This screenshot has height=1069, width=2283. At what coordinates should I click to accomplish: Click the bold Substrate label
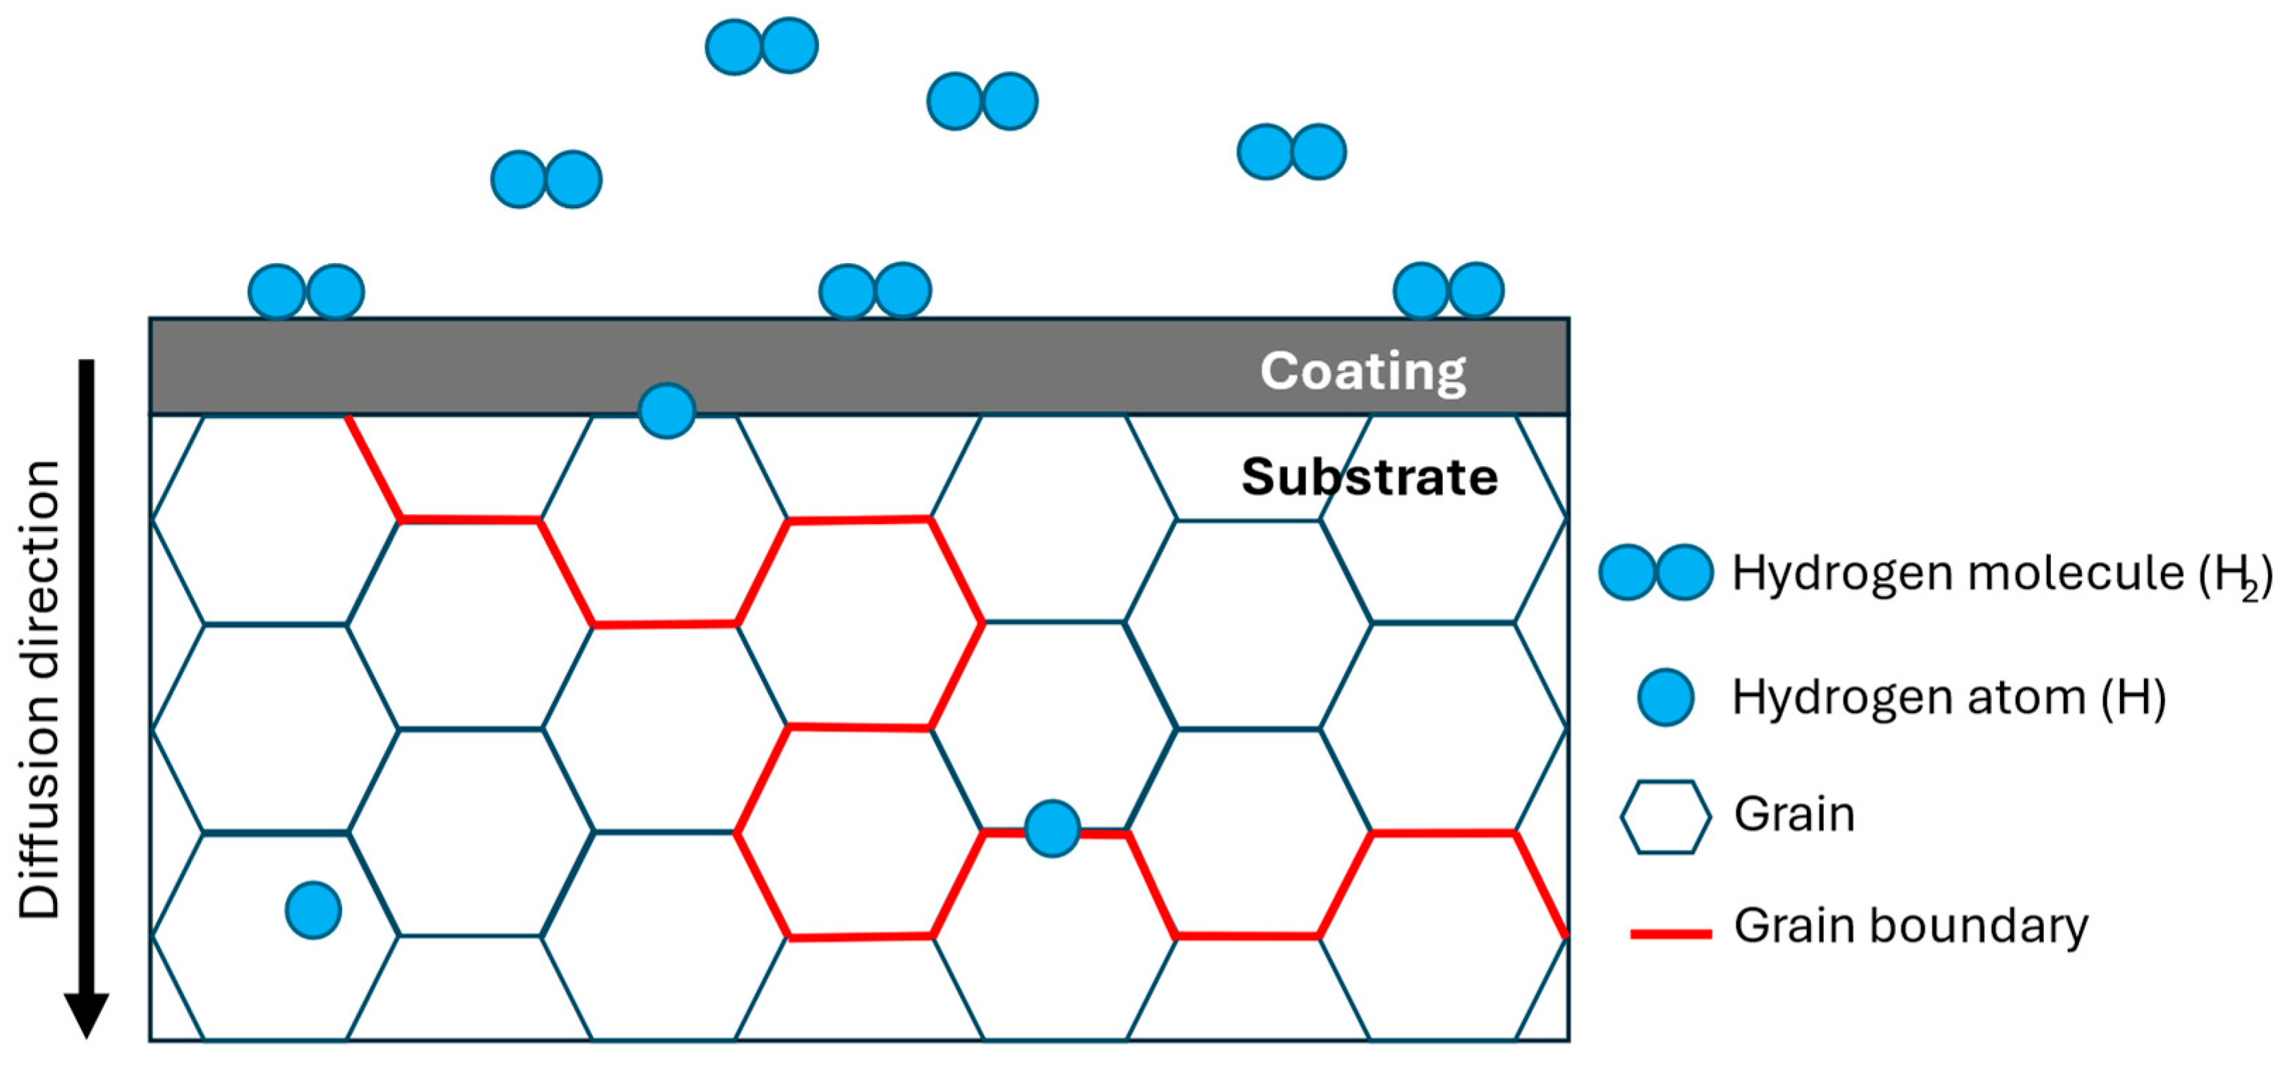[x=1369, y=477]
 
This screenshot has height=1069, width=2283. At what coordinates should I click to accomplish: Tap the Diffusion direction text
[x=40, y=689]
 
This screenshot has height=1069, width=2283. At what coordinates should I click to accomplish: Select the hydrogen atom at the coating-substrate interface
[x=666, y=410]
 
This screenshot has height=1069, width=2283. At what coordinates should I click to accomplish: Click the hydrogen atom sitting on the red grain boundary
[x=1052, y=829]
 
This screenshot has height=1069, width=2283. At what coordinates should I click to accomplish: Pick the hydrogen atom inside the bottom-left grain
[x=314, y=910]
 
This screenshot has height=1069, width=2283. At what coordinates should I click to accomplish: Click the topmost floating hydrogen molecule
[x=761, y=46]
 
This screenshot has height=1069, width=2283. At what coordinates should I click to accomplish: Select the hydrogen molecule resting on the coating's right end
[x=1448, y=290]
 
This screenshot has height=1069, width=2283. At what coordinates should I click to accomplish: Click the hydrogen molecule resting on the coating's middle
[x=875, y=291]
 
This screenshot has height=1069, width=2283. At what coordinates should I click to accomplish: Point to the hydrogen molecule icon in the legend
[x=1655, y=573]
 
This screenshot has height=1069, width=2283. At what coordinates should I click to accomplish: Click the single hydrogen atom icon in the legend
[x=1665, y=697]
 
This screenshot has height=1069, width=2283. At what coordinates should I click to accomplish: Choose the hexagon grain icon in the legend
[x=1665, y=817]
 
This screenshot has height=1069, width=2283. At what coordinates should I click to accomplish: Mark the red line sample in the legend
[x=1671, y=934]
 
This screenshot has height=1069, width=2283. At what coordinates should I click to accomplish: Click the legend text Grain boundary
[x=1911, y=927]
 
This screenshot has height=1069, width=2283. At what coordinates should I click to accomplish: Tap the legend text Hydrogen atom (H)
[x=1949, y=697]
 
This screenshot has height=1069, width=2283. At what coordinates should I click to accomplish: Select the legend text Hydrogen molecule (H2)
[x=2001, y=573]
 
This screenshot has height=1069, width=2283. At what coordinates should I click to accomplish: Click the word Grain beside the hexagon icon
[x=1794, y=814]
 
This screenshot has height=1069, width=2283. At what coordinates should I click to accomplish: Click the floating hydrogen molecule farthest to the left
[x=546, y=179]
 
